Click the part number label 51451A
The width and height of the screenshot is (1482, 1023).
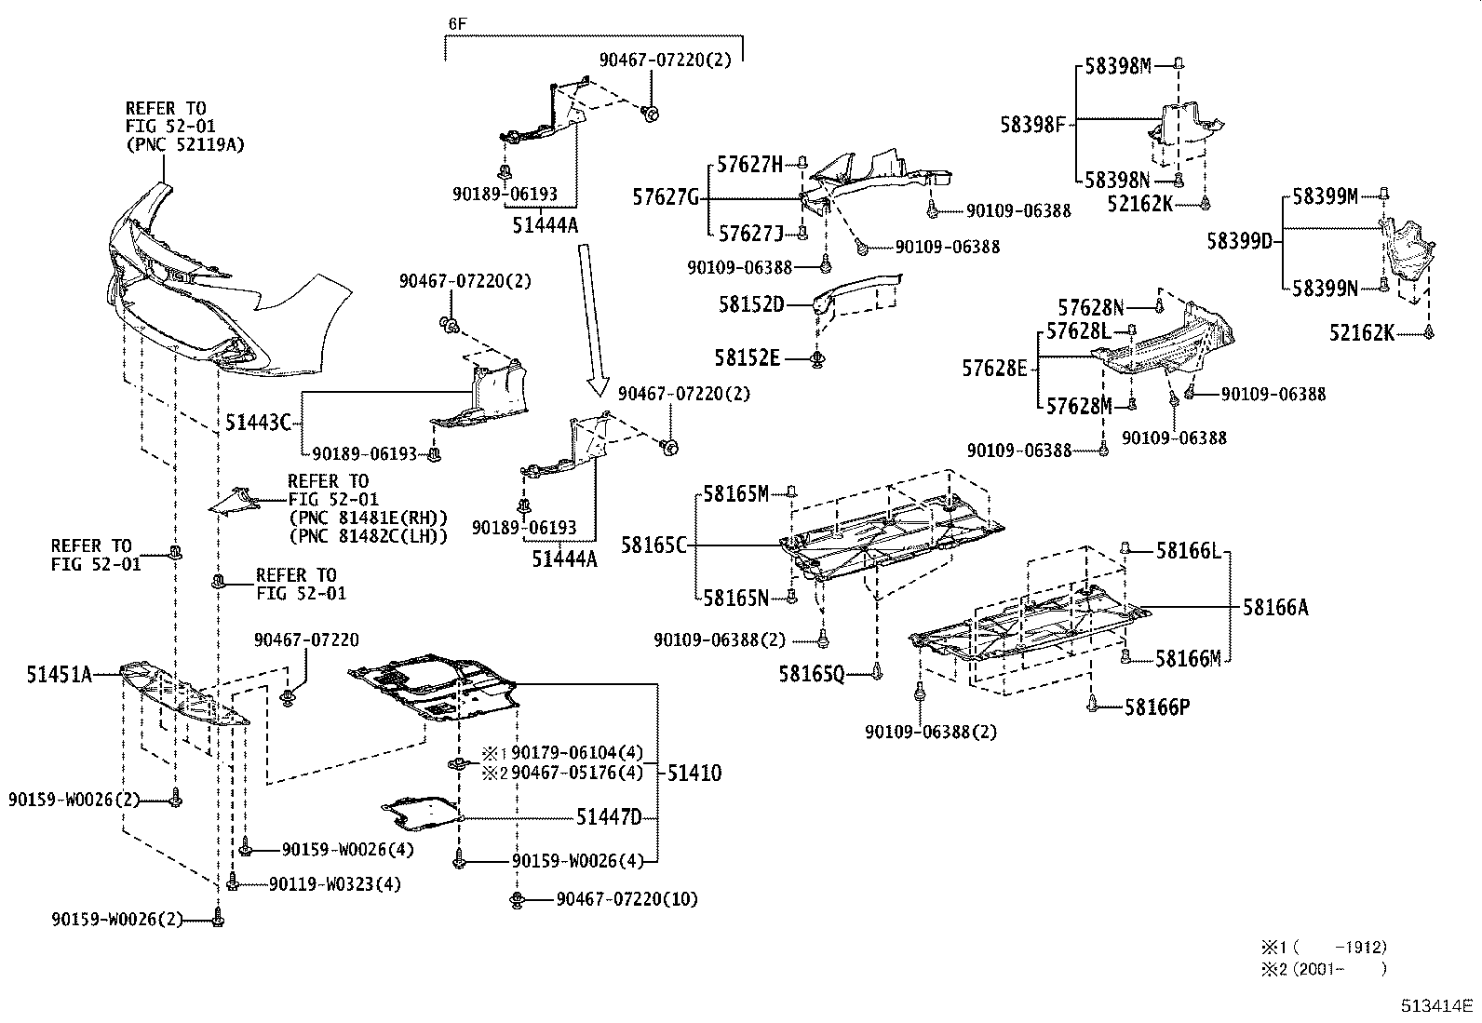(x=60, y=674)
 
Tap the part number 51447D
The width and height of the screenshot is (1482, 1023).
(x=609, y=817)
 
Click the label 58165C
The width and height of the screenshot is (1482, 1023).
(x=653, y=545)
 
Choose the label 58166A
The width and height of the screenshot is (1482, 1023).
(x=1275, y=608)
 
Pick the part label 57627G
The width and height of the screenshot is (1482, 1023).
(x=665, y=197)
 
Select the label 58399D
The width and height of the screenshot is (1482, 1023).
(x=1239, y=241)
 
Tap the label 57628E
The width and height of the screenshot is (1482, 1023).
(x=994, y=369)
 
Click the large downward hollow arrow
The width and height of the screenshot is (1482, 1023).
(x=589, y=316)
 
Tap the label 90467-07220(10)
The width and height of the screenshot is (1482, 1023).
(x=626, y=898)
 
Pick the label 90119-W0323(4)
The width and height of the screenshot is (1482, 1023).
(x=335, y=883)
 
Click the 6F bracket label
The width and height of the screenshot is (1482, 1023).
(x=455, y=21)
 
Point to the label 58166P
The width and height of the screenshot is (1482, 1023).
(x=1157, y=707)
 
